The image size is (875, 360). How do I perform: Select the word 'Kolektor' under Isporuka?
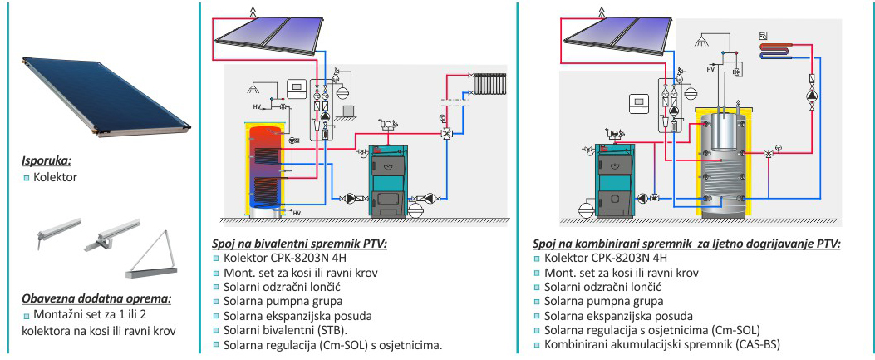55,177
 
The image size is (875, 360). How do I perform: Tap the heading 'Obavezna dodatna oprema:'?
96,298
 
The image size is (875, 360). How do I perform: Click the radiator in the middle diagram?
489,83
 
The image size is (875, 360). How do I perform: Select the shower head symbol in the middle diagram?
254,88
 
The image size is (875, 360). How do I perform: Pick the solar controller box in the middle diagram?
296,87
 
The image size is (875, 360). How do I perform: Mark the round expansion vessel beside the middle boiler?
417,210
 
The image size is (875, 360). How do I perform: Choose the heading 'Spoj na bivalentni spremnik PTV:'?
299,244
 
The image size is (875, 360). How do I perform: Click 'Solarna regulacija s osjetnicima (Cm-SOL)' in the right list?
652,330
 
